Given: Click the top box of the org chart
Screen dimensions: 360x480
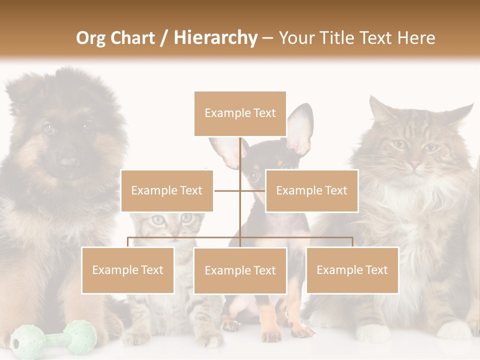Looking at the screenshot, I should pos(240,113).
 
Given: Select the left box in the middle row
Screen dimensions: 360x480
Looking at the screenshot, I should pos(167,190).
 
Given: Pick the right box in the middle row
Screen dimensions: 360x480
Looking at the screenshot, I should pos(311,190).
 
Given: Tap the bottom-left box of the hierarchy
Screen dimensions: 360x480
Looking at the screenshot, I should pos(128,270).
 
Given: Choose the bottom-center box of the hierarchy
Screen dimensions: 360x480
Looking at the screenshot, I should pos(240,270).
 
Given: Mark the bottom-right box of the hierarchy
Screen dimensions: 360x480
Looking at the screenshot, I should pos(352,270).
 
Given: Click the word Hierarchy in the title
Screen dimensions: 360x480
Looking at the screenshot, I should pos(215,37).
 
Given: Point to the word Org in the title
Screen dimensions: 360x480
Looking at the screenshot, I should pos(92,37).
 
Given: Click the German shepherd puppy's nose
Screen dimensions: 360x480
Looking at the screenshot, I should pos(69,162).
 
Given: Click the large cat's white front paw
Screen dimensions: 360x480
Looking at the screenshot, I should pos(372,332).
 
